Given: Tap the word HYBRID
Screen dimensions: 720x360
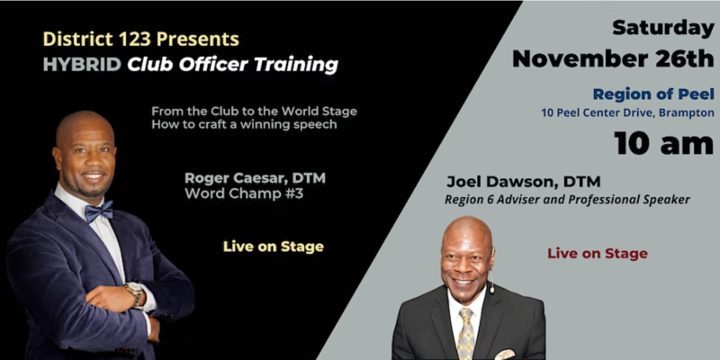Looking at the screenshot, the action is [82, 65].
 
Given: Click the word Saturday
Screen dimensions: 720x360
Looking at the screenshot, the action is [663, 29].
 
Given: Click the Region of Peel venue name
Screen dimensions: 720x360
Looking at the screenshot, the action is [653, 94].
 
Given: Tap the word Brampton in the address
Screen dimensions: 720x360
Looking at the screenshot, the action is [687, 113].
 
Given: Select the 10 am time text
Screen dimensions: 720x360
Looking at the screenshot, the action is [664, 143].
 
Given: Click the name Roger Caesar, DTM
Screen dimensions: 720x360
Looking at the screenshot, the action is [255, 178].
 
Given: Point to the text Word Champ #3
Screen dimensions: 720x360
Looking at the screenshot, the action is [244, 193].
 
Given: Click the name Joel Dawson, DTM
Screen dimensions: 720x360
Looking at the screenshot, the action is [524, 182].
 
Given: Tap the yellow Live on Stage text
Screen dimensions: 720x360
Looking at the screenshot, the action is [274, 247].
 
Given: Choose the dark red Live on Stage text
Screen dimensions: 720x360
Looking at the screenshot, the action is [598, 254].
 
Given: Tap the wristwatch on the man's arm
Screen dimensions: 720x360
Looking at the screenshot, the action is [135, 293].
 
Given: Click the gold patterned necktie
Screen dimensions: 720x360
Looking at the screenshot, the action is [465, 333].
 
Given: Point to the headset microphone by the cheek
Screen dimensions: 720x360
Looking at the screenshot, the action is [491, 282].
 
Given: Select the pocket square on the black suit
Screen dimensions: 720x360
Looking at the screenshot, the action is [505, 355].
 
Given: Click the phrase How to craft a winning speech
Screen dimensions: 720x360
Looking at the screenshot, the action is [244, 124].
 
